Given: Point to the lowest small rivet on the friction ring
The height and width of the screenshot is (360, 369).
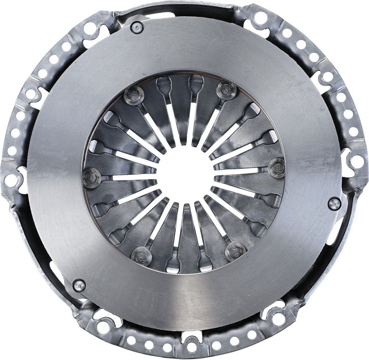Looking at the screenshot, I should coord(79,285).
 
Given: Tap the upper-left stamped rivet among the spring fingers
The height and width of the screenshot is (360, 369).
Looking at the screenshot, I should coord(134,96).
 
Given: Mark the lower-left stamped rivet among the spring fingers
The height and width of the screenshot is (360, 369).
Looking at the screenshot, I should coord(141,253).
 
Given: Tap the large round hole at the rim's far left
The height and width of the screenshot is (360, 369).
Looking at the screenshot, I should coord(11,180).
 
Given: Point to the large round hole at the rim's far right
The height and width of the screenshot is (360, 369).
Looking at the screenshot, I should coord(357,161).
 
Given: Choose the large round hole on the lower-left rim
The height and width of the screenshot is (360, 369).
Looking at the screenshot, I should coord(103,327).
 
